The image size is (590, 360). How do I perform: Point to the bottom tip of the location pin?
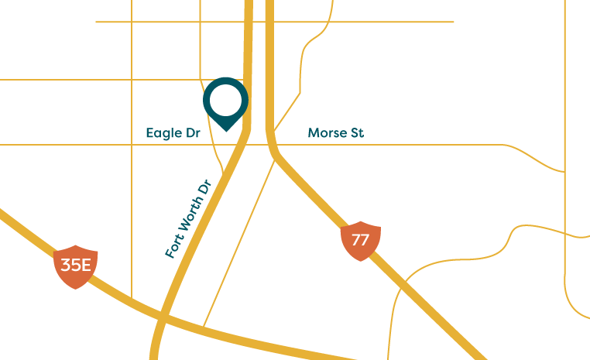[225, 130]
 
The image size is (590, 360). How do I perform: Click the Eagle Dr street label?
[173, 133]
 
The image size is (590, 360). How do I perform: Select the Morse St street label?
[335, 133]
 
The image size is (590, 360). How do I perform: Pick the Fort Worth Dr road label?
[188, 220]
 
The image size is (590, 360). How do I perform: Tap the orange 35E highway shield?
[75, 266]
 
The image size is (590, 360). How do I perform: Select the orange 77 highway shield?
[360, 239]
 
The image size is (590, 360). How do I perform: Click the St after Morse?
[356, 133]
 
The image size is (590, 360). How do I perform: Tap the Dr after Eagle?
[193, 133]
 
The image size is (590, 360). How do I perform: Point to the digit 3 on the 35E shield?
[66, 266]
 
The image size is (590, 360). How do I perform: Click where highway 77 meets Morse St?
[271, 145]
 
